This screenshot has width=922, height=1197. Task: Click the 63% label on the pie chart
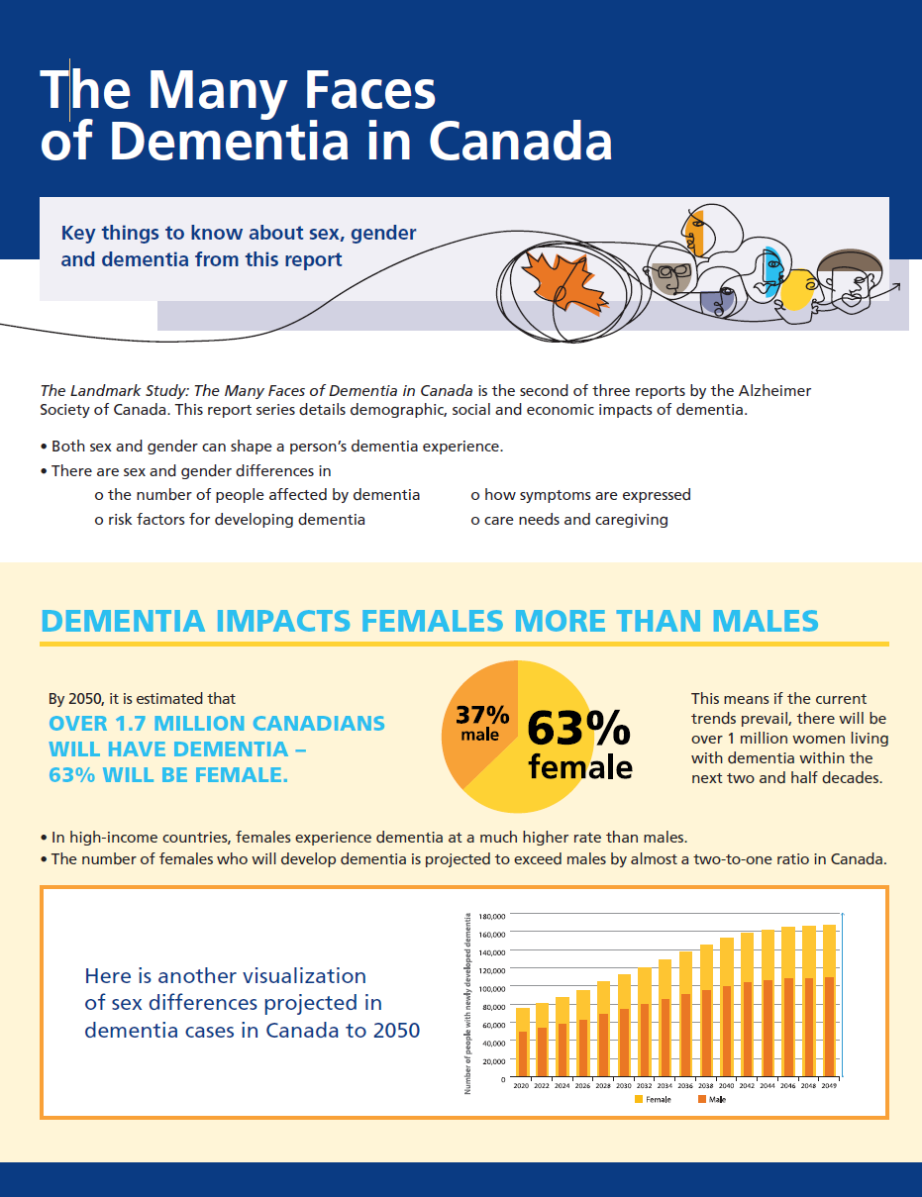click(x=577, y=730)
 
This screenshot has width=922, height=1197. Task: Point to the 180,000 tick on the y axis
click(x=493, y=916)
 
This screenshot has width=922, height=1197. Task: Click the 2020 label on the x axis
click(x=521, y=1086)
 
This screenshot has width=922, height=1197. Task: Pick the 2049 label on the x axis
click(x=829, y=1086)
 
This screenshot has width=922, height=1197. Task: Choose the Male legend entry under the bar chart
click(x=711, y=1099)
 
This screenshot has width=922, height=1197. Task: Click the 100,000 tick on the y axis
click(x=493, y=988)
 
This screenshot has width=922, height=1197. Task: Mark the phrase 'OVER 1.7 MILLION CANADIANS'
click(x=217, y=724)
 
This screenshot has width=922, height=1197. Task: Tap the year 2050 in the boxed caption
click(x=396, y=1030)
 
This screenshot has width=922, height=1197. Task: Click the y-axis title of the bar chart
click(x=467, y=1000)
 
